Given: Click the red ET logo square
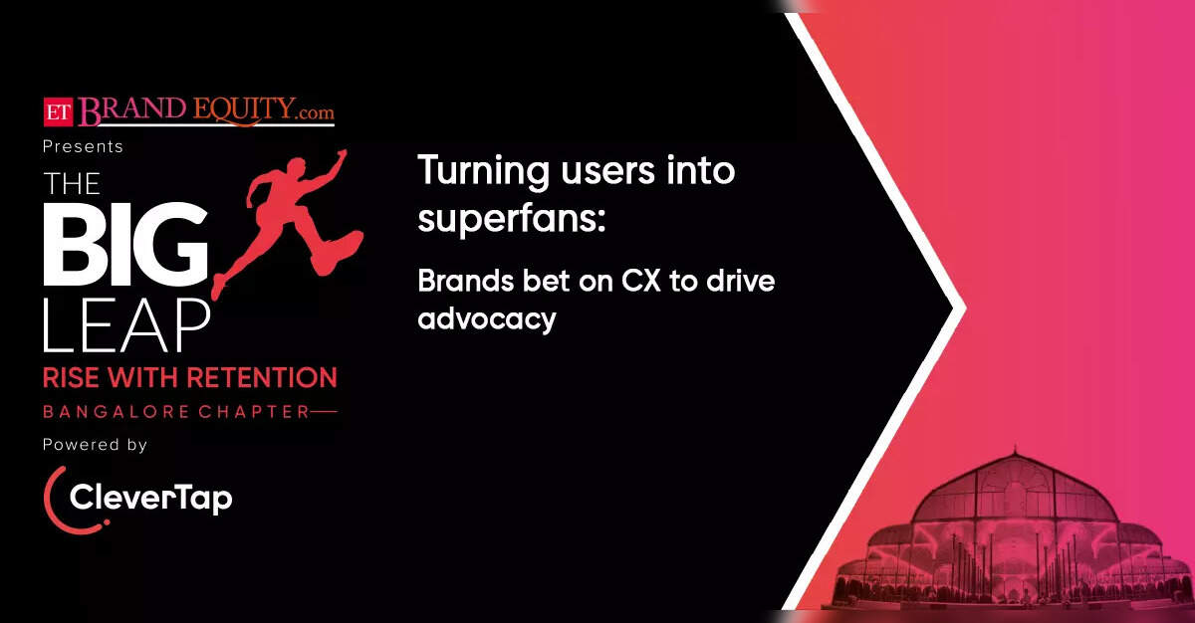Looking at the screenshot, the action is coord(58,111).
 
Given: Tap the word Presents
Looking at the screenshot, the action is coord(83,146).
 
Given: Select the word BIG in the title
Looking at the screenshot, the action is coord(125,244).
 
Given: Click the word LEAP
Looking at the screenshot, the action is coord(126,325).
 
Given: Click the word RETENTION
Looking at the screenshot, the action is coord(263,378).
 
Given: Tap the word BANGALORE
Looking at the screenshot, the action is coord(117,411).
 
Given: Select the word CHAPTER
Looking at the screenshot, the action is coord(255,411).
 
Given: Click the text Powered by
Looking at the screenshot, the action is coord(95,445).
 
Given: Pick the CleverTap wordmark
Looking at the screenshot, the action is coord(151,499).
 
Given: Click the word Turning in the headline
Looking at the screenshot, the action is coord(483,171).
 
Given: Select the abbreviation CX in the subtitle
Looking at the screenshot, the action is coord(641,281).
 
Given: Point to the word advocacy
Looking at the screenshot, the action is coord(487,319).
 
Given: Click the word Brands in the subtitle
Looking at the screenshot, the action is coord(466,281).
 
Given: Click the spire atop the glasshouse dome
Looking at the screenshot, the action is coord(1015,450).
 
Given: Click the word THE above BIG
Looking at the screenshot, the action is coord(72,184).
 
